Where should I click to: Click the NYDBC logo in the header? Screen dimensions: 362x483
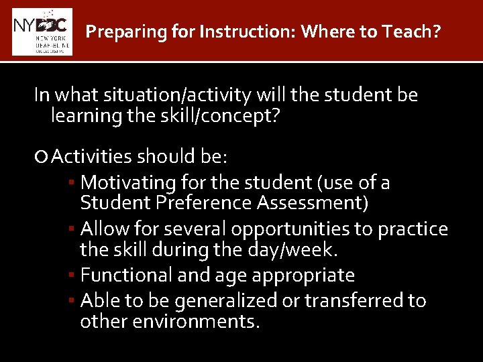(42, 32)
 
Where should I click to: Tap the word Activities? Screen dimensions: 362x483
(93, 157)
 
